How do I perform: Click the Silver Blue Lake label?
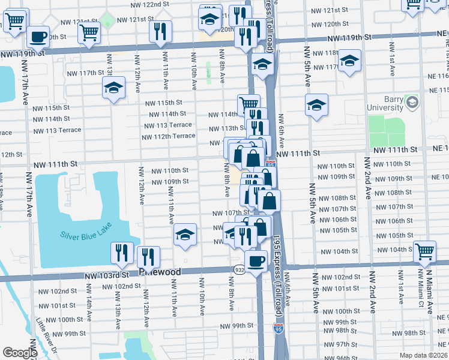(x=86, y=234)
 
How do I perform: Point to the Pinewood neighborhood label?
(x=160, y=272)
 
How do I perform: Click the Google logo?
(x=20, y=353)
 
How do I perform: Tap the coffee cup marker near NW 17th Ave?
(x=38, y=36)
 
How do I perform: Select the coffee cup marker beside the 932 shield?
(x=256, y=261)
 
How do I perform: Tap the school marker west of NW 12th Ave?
(x=113, y=88)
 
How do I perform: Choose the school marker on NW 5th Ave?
(x=317, y=105)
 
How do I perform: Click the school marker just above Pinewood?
(x=185, y=235)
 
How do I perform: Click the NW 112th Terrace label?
(x=168, y=136)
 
